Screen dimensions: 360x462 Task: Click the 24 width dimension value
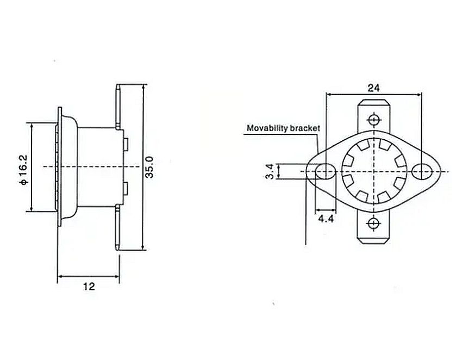pos(373,88)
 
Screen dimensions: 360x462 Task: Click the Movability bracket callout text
pos(283,128)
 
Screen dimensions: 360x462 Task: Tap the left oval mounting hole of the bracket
pos(325,172)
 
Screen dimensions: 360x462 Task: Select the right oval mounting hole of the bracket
pos(422,172)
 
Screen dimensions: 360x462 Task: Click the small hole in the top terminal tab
pos(373,119)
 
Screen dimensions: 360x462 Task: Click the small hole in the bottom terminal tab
pos(373,224)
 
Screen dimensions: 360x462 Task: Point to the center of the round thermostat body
pos(373,172)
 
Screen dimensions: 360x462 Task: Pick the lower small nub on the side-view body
pos(126,189)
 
